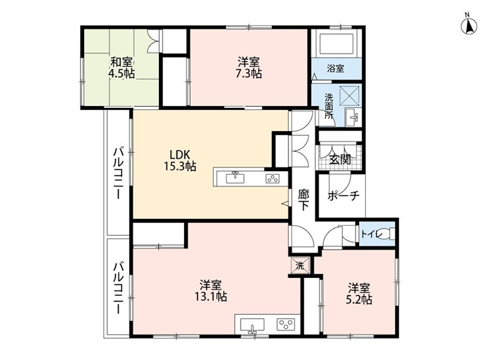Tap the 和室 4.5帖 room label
pos(122,67)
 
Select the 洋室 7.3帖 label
pos(249,67)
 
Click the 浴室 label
pos(335,69)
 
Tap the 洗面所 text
pos(330,105)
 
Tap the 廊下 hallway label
pos(303,201)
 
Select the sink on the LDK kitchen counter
pos(235,178)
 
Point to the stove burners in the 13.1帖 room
pos(285,323)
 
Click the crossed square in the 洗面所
pos(349,95)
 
